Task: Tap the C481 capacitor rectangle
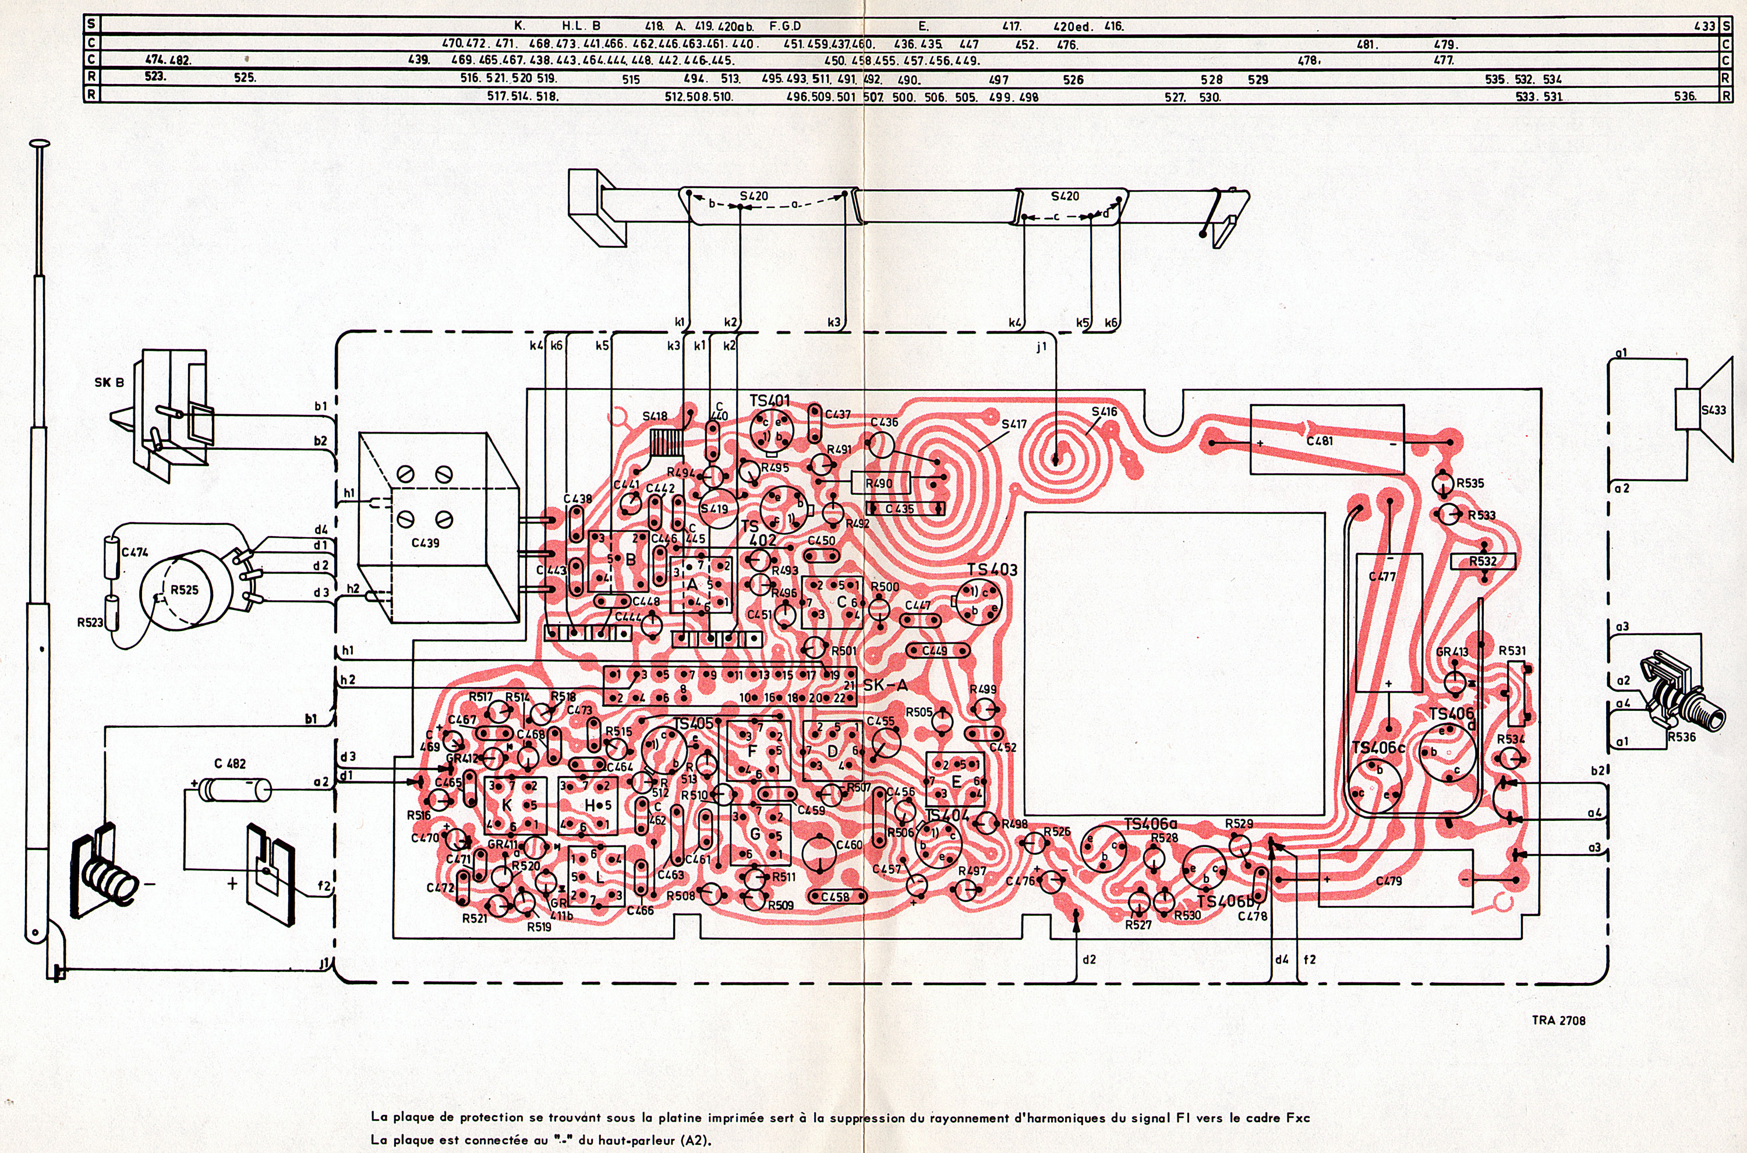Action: [1327, 440]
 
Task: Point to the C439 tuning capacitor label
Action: [426, 542]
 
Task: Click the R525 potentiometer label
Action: [185, 589]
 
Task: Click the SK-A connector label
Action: [885, 685]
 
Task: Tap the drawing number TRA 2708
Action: [1558, 1021]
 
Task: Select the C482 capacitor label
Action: [230, 764]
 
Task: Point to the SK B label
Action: [109, 382]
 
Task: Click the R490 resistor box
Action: [880, 483]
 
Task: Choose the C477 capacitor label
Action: [1382, 577]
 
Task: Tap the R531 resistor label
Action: [1512, 651]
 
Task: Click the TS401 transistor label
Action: [769, 401]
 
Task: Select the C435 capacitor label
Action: [900, 509]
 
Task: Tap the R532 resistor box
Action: [1483, 562]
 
